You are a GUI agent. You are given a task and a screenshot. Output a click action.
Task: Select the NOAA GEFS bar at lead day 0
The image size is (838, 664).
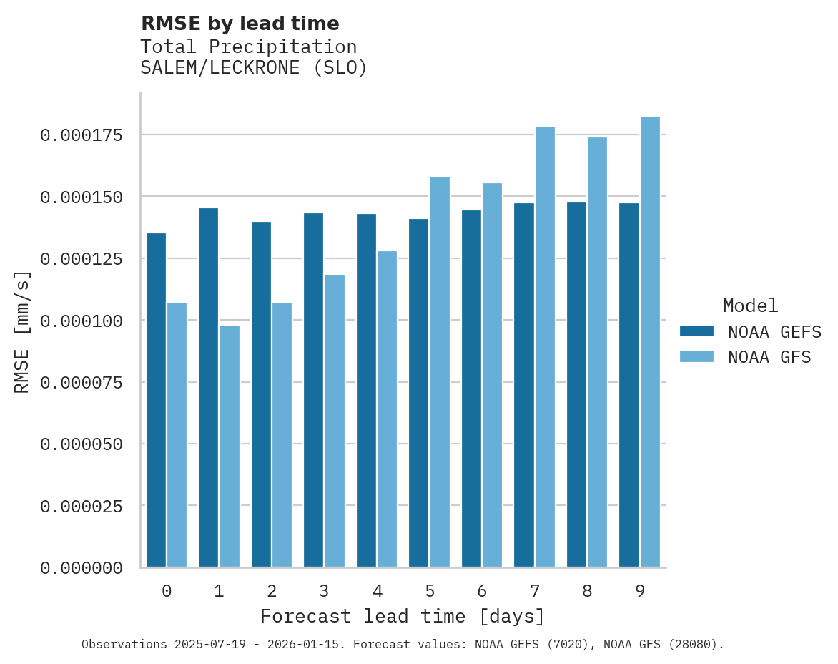(156, 400)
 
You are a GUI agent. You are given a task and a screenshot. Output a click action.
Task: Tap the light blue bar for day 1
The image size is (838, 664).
(230, 446)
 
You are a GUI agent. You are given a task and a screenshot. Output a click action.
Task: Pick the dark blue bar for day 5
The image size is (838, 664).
(418, 393)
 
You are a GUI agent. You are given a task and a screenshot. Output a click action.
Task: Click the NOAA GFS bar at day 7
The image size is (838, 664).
(545, 347)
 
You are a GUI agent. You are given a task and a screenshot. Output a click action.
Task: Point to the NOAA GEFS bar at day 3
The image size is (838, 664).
(313, 390)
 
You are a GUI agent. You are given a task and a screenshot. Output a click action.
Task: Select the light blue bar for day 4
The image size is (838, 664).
(387, 409)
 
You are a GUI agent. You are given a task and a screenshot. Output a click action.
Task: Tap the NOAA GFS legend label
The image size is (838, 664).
(769, 357)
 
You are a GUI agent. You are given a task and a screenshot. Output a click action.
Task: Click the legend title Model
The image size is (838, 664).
(750, 306)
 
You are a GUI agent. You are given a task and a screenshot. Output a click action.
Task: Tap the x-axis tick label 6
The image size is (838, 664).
(482, 591)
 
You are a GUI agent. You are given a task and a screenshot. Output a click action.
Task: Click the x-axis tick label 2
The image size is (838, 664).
(272, 591)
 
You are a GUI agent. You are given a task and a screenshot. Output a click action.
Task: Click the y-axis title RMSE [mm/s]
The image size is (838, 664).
(22, 331)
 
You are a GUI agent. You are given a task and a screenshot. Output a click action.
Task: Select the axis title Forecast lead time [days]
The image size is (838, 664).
(403, 616)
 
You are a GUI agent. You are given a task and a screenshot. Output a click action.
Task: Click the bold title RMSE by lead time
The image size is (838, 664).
(240, 24)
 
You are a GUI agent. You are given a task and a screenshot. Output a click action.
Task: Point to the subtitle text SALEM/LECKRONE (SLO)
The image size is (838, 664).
(253, 69)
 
